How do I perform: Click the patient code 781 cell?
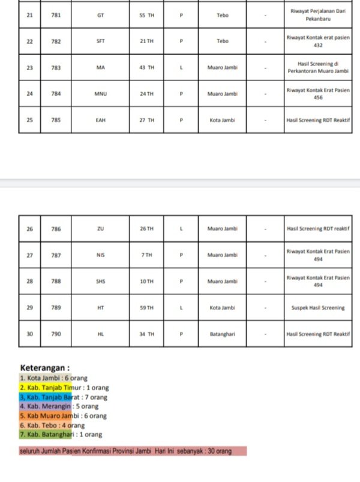click(x=56, y=15)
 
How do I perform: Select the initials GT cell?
click(x=100, y=15)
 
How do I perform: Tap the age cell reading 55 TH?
click(x=146, y=15)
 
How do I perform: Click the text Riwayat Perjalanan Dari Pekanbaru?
click(x=317, y=15)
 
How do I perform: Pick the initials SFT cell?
click(x=100, y=41)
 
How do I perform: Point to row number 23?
click(x=29, y=68)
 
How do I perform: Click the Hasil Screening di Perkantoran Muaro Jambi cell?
click(x=317, y=68)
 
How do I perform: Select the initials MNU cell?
click(x=100, y=94)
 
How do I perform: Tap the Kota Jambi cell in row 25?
click(x=222, y=120)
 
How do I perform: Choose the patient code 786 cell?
click(x=56, y=229)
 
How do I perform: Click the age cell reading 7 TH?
click(x=146, y=255)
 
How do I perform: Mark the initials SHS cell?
click(x=100, y=282)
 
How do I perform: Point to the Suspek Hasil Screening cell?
click(x=317, y=308)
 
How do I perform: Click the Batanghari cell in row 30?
click(x=222, y=334)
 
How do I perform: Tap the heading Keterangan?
click(x=45, y=367)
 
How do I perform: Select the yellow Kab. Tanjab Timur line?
click(x=64, y=388)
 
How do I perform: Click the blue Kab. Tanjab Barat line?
click(x=63, y=397)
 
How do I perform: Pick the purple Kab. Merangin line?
click(x=59, y=406)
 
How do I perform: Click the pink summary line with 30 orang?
click(x=133, y=451)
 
